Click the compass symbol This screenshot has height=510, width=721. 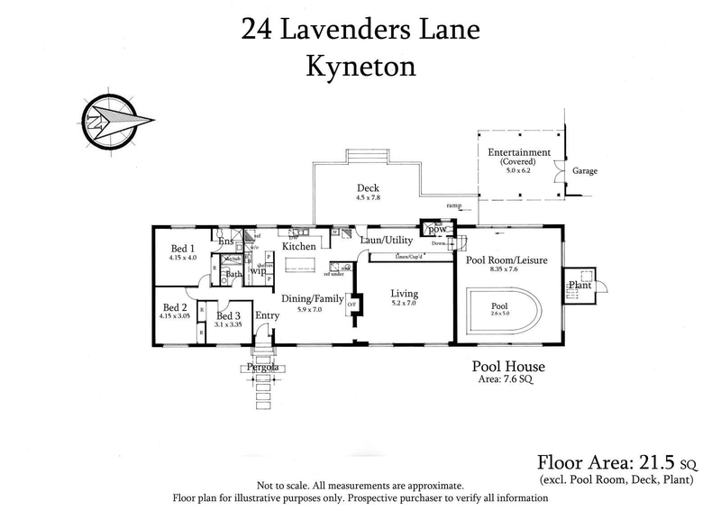point(110,120)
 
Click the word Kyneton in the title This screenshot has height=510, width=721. point(360,67)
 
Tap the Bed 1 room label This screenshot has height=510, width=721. point(182,248)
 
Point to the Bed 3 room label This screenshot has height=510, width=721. point(229,315)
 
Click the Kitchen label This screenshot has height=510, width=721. point(298,246)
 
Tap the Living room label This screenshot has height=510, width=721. point(402,293)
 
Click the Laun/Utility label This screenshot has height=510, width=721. point(386,241)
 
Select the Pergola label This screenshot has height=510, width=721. point(262,369)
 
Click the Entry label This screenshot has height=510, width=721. point(268,315)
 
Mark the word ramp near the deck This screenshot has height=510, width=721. point(452,206)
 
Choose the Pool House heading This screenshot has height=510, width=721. point(509,367)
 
